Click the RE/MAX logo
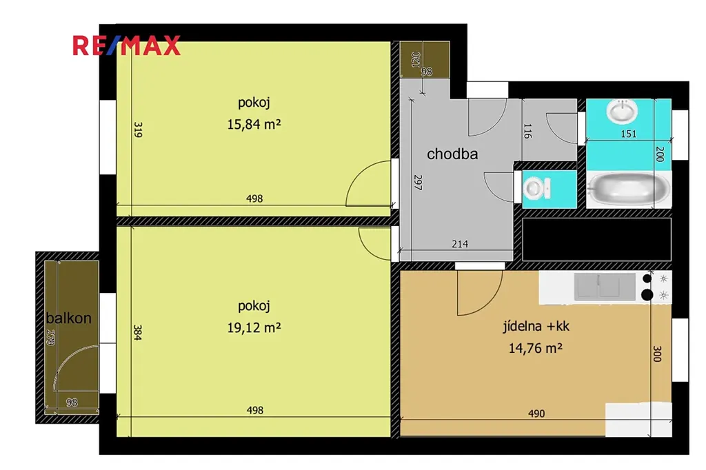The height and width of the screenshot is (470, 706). [127, 45]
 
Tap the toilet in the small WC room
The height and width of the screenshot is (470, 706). [536, 188]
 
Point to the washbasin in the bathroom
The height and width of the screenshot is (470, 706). [622, 111]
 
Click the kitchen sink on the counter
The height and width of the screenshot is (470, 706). [605, 286]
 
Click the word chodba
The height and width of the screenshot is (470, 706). [452, 154]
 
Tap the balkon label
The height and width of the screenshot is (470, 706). [68, 318]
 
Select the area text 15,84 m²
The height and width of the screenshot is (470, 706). [254, 124]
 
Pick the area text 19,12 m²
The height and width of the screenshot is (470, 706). [254, 327]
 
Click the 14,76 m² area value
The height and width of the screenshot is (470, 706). [535, 348]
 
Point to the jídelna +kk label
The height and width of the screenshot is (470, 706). [536, 326]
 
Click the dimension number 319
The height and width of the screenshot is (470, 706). [138, 130]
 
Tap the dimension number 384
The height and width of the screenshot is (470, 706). [138, 332]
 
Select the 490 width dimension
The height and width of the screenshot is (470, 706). [536, 413]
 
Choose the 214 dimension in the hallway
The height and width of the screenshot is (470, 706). [460, 244]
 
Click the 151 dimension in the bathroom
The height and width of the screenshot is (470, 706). [629, 134]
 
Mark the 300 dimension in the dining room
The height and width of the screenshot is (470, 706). [656, 354]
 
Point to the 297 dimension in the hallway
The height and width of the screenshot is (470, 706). [418, 183]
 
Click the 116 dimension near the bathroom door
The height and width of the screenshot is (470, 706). [527, 131]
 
